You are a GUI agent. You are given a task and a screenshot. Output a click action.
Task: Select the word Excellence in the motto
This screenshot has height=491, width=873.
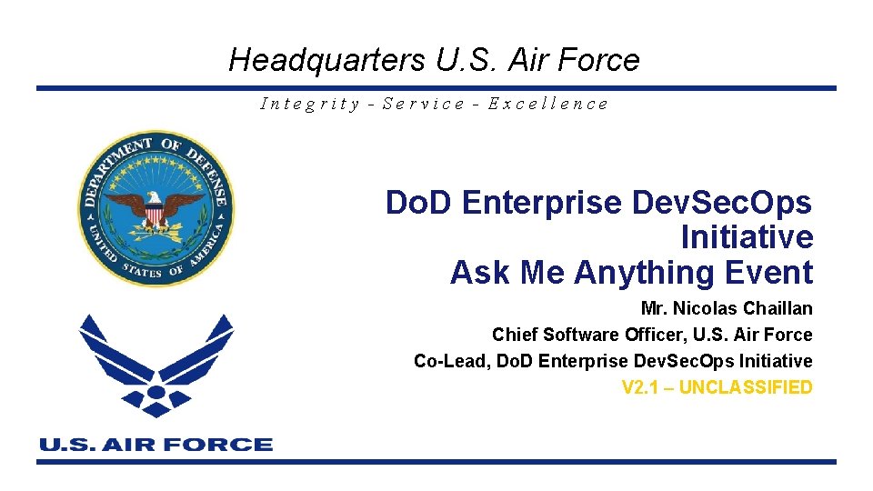[x=547, y=104]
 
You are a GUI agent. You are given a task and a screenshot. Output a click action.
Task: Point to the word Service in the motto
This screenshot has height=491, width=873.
[x=424, y=104]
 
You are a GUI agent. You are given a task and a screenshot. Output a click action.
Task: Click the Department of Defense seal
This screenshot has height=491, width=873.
[x=156, y=208]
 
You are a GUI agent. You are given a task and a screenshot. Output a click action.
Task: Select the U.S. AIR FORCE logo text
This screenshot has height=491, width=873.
[x=156, y=445]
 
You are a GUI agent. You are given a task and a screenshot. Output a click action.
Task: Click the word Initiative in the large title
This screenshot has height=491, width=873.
[x=747, y=237]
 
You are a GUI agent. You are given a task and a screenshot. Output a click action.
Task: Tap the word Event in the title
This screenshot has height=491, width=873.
[x=770, y=272]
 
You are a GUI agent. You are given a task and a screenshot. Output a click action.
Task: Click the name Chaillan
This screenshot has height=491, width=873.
[x=778, y=308]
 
